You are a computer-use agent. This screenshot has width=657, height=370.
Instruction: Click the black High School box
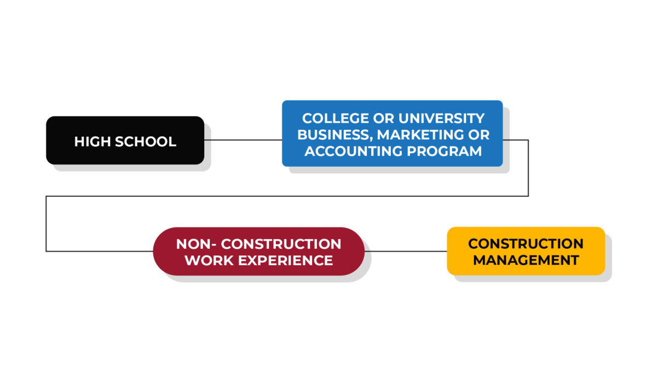pos(125,140)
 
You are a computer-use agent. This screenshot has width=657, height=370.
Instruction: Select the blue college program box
pos(392,134)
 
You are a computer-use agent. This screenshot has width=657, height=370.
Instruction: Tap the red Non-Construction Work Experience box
pos(258,252)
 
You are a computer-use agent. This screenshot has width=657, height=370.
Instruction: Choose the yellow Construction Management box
pos(526,251)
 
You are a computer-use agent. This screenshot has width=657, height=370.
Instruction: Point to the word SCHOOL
pos(146,141)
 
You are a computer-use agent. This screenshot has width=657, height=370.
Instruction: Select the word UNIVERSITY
pos(441,118)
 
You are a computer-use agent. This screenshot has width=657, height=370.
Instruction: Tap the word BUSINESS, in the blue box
pos(335,135)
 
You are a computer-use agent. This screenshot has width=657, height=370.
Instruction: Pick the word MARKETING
pos(420,135)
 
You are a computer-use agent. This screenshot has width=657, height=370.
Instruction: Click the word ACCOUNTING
pos(354,151)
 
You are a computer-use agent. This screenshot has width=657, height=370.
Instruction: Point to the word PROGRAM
pos(444,151)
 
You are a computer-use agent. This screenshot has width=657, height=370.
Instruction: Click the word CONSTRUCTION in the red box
pos(281,244)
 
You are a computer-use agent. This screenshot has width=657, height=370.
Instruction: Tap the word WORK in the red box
pos(209,260)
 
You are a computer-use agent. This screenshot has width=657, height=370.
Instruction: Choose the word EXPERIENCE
pos(285,260)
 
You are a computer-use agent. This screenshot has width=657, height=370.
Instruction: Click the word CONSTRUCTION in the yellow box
pos(526,244)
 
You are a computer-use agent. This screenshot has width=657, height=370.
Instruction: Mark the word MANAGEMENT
pos(526,260)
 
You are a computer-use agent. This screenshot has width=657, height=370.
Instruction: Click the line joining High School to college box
pos(243,140)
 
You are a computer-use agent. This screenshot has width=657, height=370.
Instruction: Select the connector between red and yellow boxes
pos(406,252)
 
